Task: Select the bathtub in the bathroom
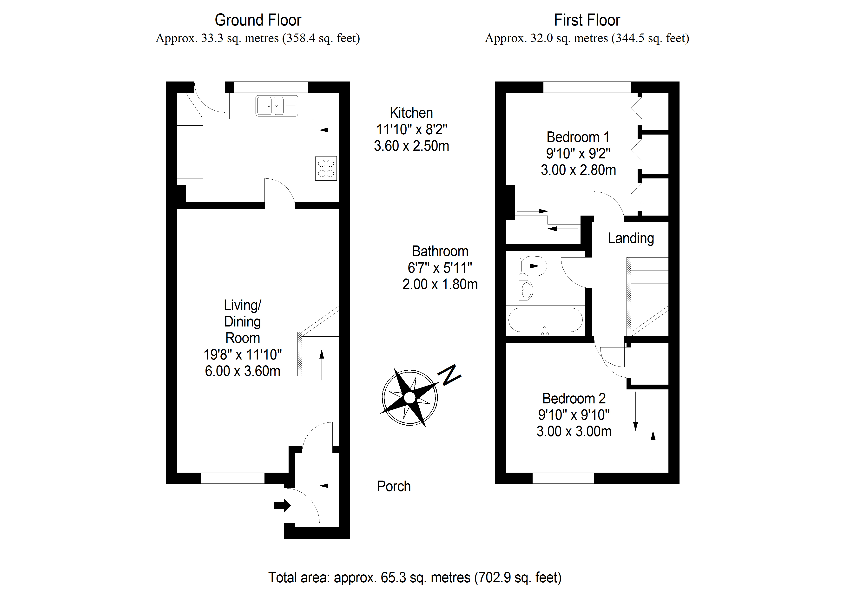[x=545, y=320]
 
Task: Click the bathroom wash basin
[x=527, y=290]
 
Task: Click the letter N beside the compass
[x=449, y=375]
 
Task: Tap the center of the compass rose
[x=410, y=398]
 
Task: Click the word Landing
[x=631, y=238]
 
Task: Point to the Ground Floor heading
[x=258, y=20]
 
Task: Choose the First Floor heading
[x=587, y=20]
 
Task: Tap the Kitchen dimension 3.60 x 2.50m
[x=411, y=146]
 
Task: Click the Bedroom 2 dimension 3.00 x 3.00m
[x=574, y=431]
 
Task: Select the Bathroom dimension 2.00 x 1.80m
[x=440, y=285]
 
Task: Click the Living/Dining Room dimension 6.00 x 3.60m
[x=243, y=371]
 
